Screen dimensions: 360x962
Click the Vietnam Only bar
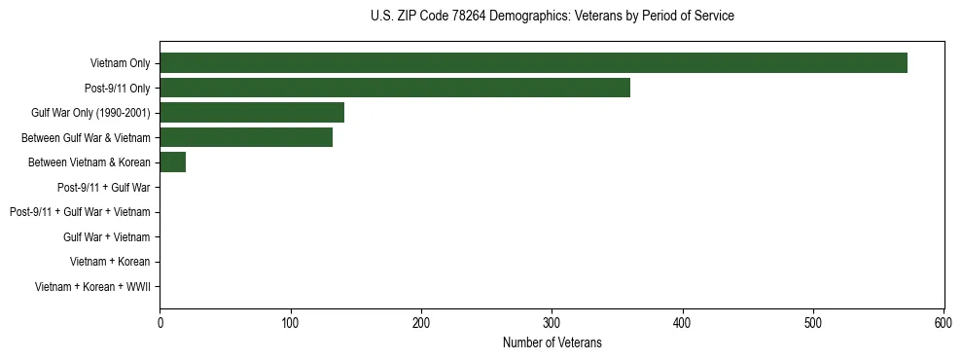tap(533, 63)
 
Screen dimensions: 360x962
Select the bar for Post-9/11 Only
tap(395, 88)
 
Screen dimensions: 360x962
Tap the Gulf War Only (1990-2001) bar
tap(252, 113)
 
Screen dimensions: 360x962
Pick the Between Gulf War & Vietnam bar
tap(246, 137)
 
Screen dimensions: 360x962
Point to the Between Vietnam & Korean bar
tap(173, 162)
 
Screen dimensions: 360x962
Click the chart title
tap(552, 17)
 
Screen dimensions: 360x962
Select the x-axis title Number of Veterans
tap(552, 342)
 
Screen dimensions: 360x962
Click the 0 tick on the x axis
tap(160, 323)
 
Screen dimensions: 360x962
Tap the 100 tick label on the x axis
tap(290, 323)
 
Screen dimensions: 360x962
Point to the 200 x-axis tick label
tap(421, 323)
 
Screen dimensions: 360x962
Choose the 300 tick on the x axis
tap(552, 323)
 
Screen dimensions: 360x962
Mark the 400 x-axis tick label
tap(683, 323)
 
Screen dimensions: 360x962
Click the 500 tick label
tap(813, 323)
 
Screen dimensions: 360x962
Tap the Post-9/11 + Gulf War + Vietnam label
tap(80, 212)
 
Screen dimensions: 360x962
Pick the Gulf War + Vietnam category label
tap(106, 236)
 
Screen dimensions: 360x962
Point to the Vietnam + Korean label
tap(110, 262)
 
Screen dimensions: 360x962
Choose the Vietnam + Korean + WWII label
tap(92, 286)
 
